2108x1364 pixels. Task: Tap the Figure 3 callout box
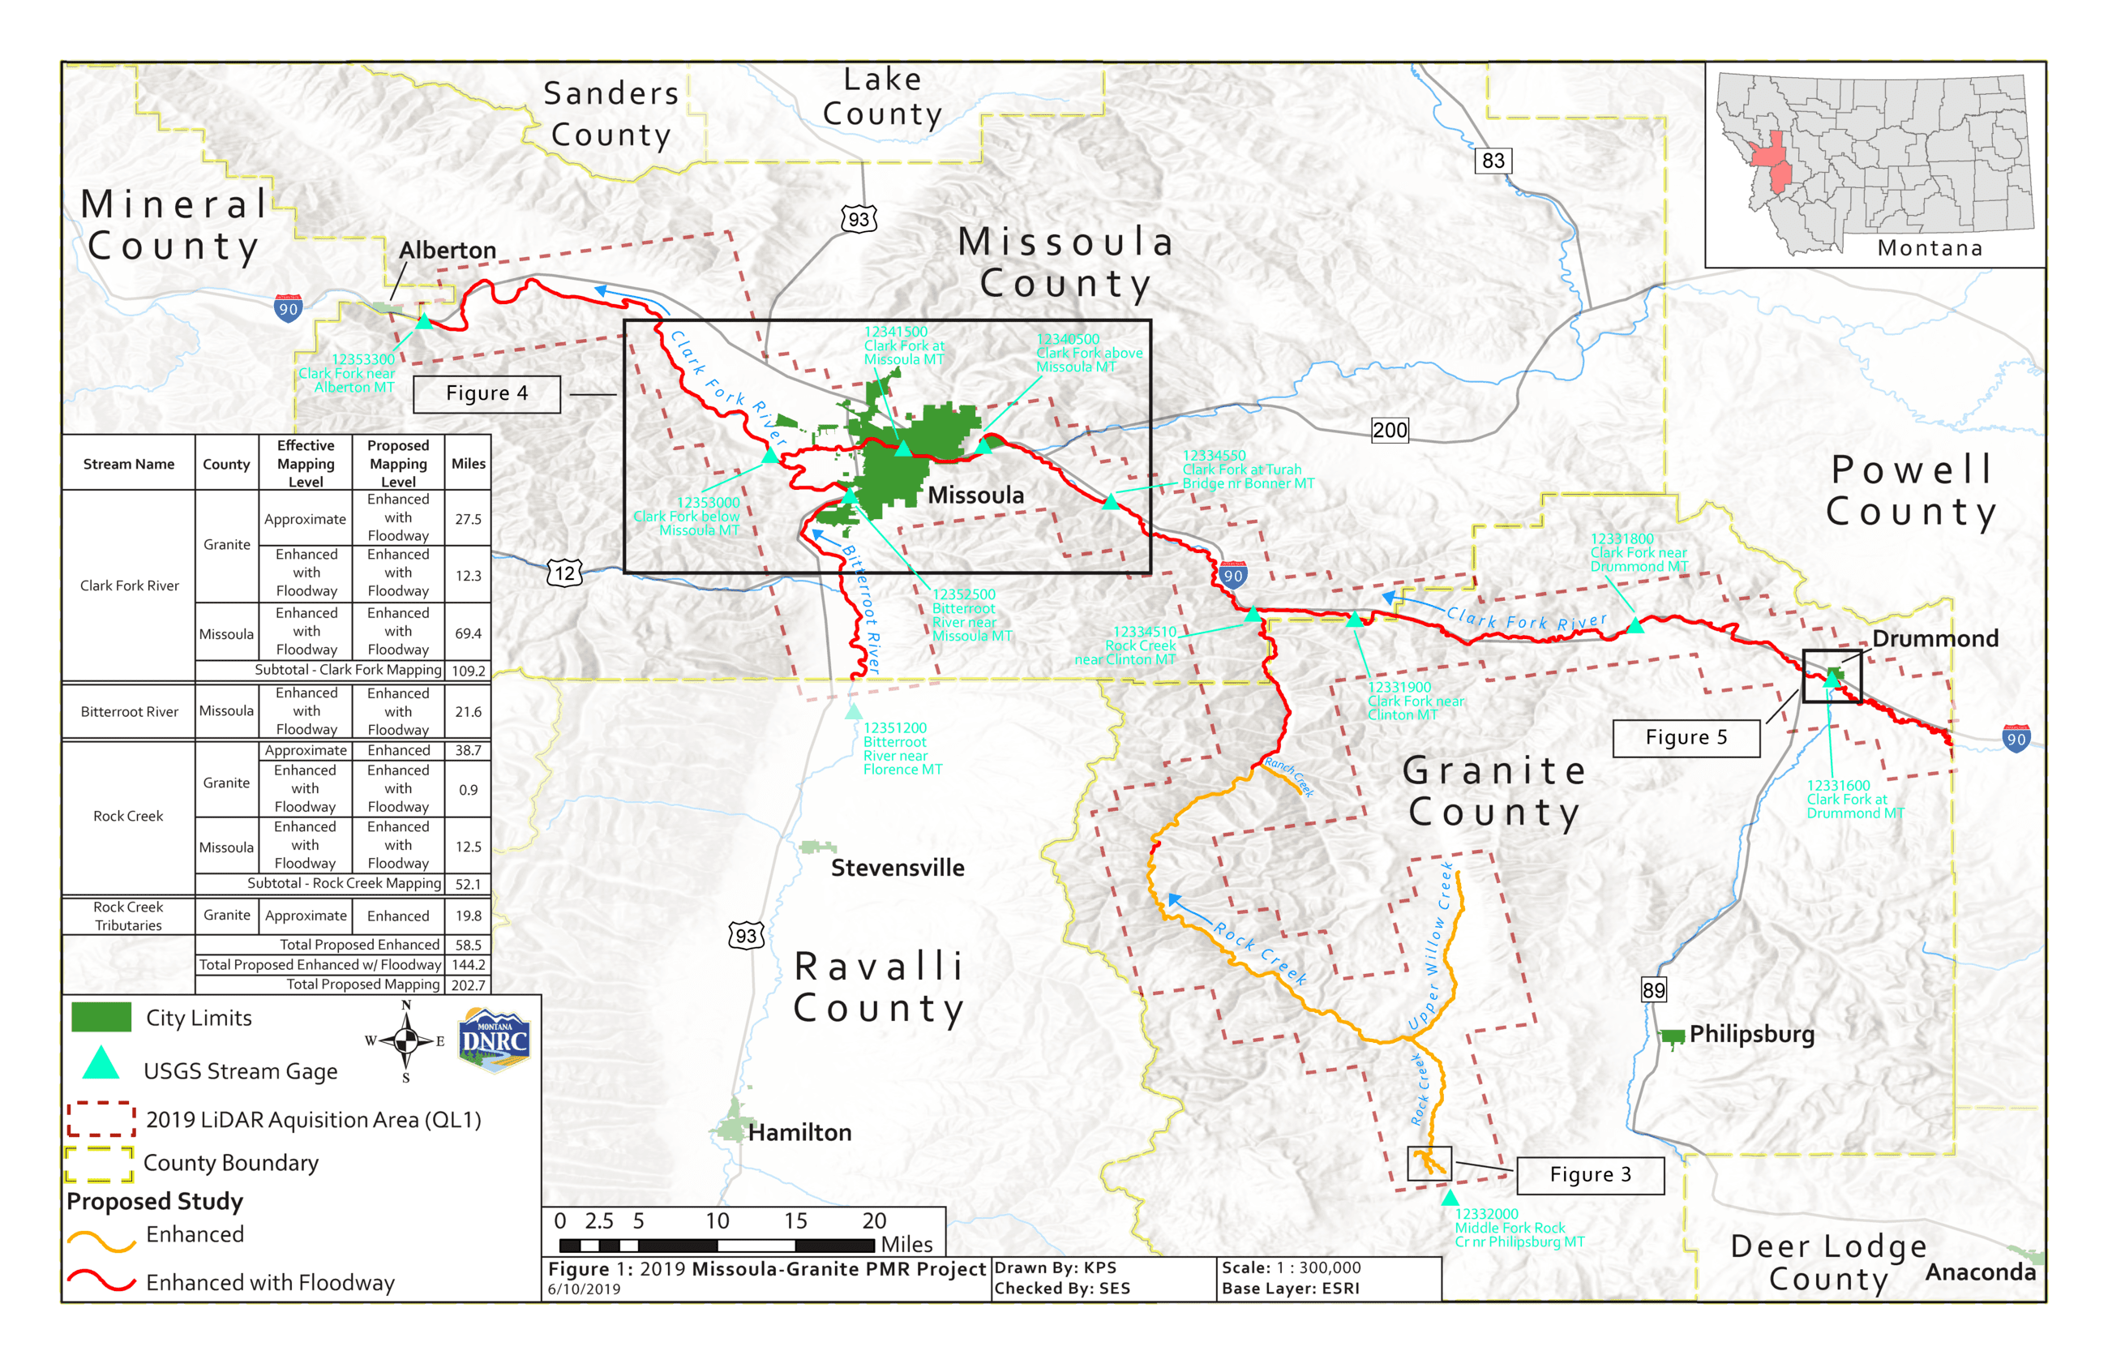click(x=1589, y=1174)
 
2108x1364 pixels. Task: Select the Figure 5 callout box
click(x=1685, y=738)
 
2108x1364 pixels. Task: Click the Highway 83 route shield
click(x=1493, y=161)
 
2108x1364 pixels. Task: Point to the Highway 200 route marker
click(x=1388, y=431)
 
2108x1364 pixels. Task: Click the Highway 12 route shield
click(x=564, y=573)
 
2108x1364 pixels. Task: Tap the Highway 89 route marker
click(x=1652, y=990)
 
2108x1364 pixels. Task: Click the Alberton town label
click(x=447, y=250)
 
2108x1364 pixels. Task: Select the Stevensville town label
click(x=897, y=868)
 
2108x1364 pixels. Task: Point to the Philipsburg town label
click(x=1750, y=1035)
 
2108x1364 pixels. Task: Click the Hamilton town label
click(x=799, y=1132)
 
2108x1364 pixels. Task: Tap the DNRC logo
click(x=493, y=1040)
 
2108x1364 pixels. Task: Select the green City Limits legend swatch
click(x=101, y=1017)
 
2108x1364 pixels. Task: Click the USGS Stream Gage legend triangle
click(x=101, y=1063)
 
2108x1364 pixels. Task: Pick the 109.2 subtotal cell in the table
click(x=468, y=671)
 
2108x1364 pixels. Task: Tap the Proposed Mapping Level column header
click(x=397, y=463)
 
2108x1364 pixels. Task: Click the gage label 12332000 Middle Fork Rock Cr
click(x=1519, y=1228)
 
